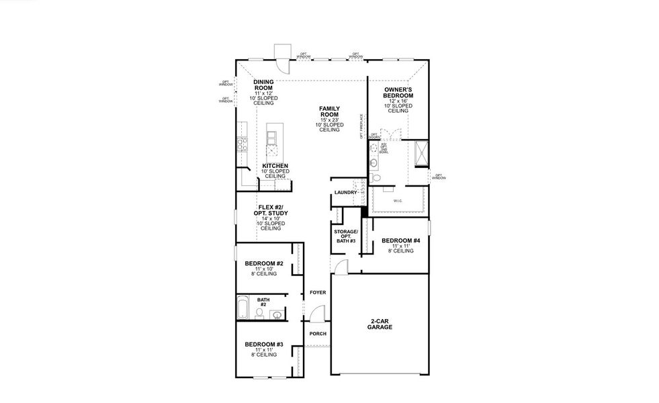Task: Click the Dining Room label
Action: (x=263, y=86)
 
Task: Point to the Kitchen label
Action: (x=275, y=166)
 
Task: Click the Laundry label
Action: (x=345, y=193)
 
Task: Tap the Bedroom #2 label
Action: (x=263, y=264)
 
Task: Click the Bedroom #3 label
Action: (x=263, y=345)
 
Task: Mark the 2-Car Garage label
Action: (x=380, y=324)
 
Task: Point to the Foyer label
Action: (x=317, y=292)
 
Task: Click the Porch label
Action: (x=317, y=334)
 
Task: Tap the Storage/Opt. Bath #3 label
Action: (x=346, y=236)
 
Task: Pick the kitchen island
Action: (x=271, y=139)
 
